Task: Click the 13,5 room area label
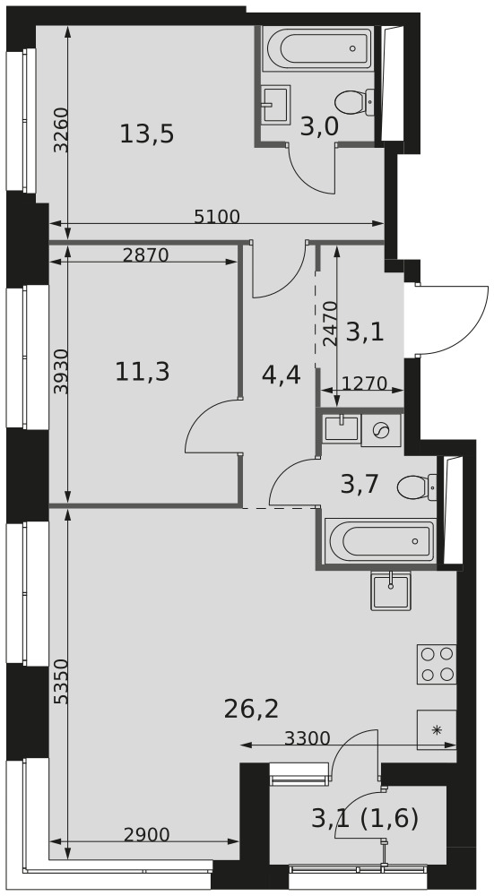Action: pos(147,134)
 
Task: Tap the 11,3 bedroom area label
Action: pos(143,373)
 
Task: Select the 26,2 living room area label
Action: pos(252,709)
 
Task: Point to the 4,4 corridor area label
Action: pos(282,375)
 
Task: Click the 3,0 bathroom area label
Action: pos(319,127)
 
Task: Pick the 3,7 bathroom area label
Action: pos(360,485)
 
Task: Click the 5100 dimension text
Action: pos(217,217)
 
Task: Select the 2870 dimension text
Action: pos(146,254)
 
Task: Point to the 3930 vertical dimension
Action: pos(61,372)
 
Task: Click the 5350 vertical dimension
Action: pos(61,681)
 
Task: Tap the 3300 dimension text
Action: pos(308,738)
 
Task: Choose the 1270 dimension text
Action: pos(365,383)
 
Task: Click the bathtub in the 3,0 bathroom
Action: pos(318,48)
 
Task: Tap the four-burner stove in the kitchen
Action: pos(437,663)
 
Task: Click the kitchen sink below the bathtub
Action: pos(391,590)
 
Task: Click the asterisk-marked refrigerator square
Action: pos(437,729)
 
